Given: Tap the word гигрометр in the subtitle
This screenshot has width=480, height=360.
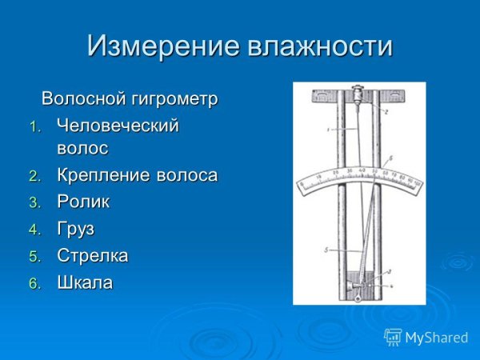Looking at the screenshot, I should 177,99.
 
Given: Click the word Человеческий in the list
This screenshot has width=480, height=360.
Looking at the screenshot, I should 118,126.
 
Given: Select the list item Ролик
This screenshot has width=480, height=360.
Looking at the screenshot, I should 83,202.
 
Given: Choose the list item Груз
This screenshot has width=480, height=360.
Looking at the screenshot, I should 75,229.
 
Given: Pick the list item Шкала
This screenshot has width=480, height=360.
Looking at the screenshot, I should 85,282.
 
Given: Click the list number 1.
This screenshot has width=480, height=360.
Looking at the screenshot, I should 34,126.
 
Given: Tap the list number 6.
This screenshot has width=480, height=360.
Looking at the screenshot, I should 34,283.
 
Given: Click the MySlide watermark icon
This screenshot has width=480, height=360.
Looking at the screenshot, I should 393,336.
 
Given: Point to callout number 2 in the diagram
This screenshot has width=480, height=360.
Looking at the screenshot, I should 385,113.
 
